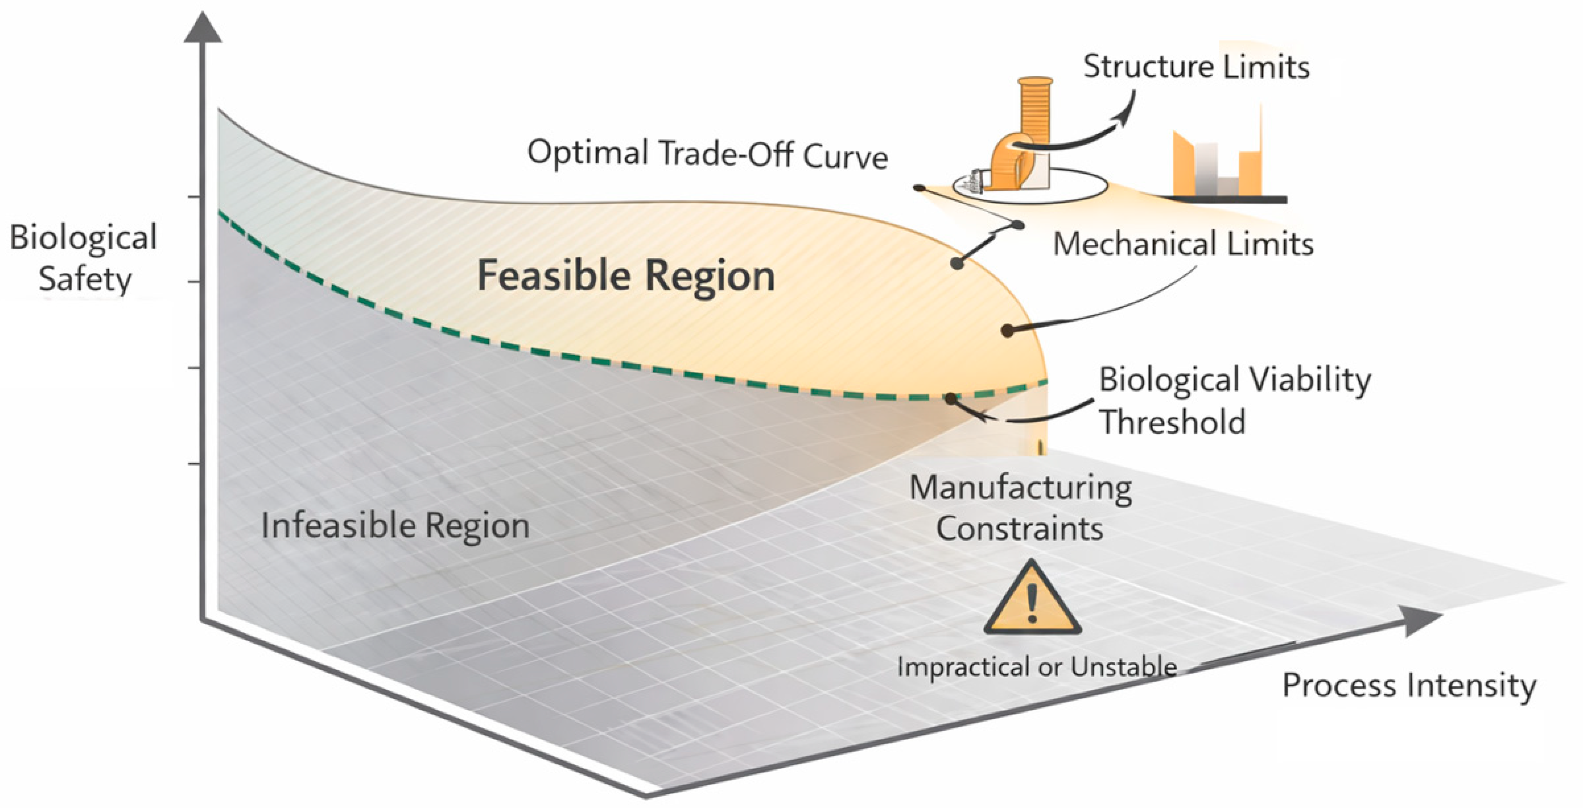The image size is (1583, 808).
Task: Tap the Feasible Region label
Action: coord(626,275)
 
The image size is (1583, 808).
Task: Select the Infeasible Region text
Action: coord(395,526)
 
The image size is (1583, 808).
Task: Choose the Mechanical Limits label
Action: coord(1183,243)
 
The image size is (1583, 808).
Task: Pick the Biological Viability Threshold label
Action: coord(1234,400)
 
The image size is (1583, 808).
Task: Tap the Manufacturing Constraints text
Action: coord(1020,508)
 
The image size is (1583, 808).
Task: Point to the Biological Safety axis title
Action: coord(84,258)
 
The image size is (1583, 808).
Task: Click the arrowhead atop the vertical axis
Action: coord(203,28)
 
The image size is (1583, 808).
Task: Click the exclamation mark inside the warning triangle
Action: coord(1032,603)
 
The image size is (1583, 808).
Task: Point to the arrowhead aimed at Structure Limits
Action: coord(1126,114)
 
